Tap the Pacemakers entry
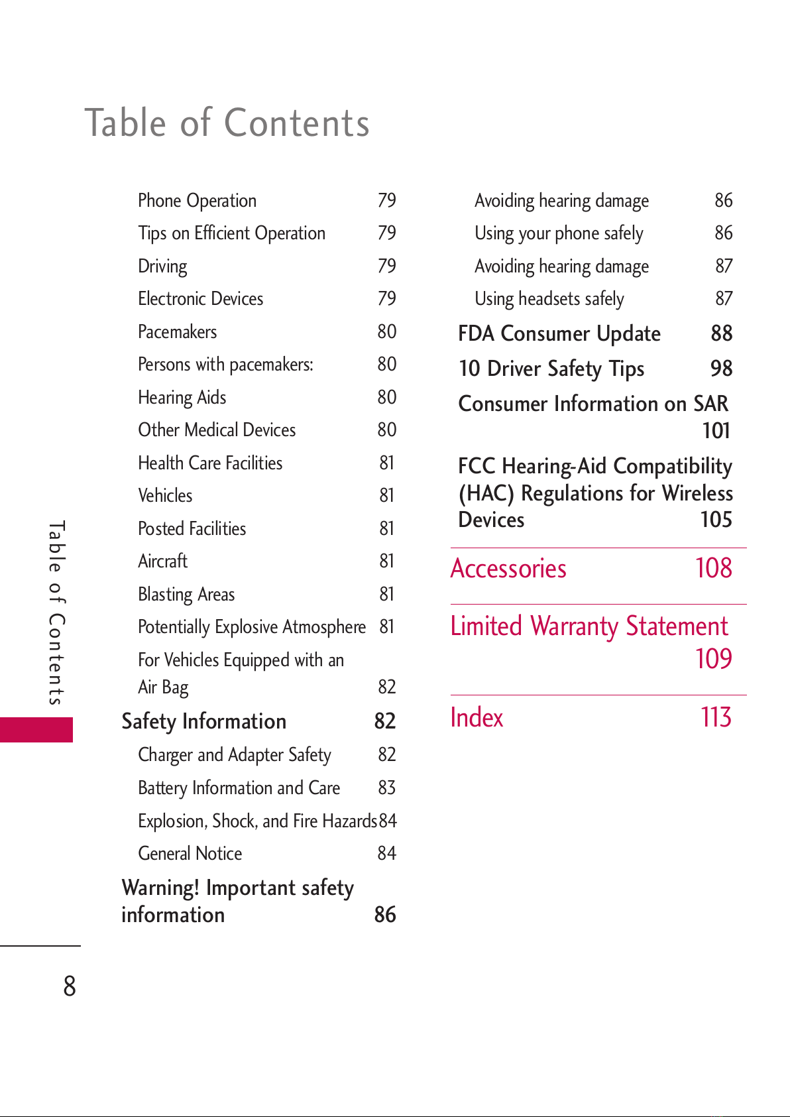(x=178, y=331)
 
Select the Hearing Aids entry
(x=182, y=398)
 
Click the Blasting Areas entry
(x=186, y=595)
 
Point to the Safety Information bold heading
(x=204, y=721)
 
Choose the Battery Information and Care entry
(x=239, y=788)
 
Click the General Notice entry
(x=190, y=853)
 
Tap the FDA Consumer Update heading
(x=559, y=333)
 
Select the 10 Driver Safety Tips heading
(x=551, y=369)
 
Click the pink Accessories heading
(x=508, y=569)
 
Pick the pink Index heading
(x=477, y=717)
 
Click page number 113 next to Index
(x=716, y=717)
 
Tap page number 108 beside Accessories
(x=714, y=568)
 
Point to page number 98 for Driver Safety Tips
(x=721, y=369)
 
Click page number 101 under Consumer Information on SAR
(x=716, y=430)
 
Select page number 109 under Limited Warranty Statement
(x=714, y=659)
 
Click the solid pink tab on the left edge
(x=36, y=730)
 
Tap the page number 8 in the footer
(x=70, y=986)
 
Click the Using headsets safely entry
(x=549, y=299)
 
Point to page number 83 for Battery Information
(x=387, y=788)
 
